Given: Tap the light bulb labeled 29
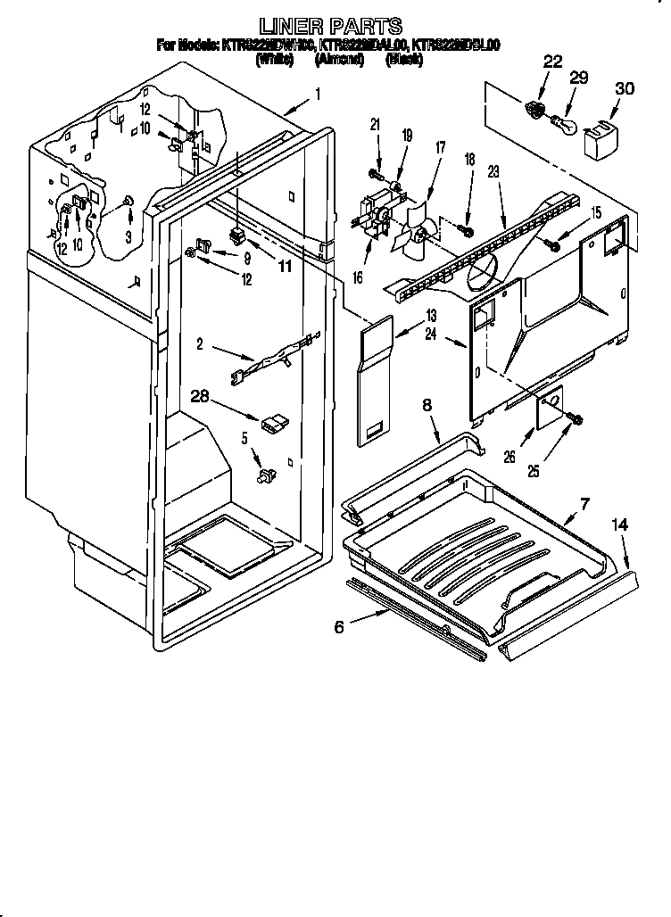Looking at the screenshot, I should pyautogui.click(x=562, y=121).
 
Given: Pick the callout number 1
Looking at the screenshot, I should pyautogui.click(x=319, y=92).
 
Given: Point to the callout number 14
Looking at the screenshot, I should pyautogui.click(x=619, y=527).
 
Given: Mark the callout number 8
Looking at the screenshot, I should pyautogui.click(x=427, y=406).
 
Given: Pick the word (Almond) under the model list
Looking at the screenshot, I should pyautogui.click(x=338, y=60).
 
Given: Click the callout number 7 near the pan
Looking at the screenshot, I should pyautogui.click(x=584, y=505).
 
